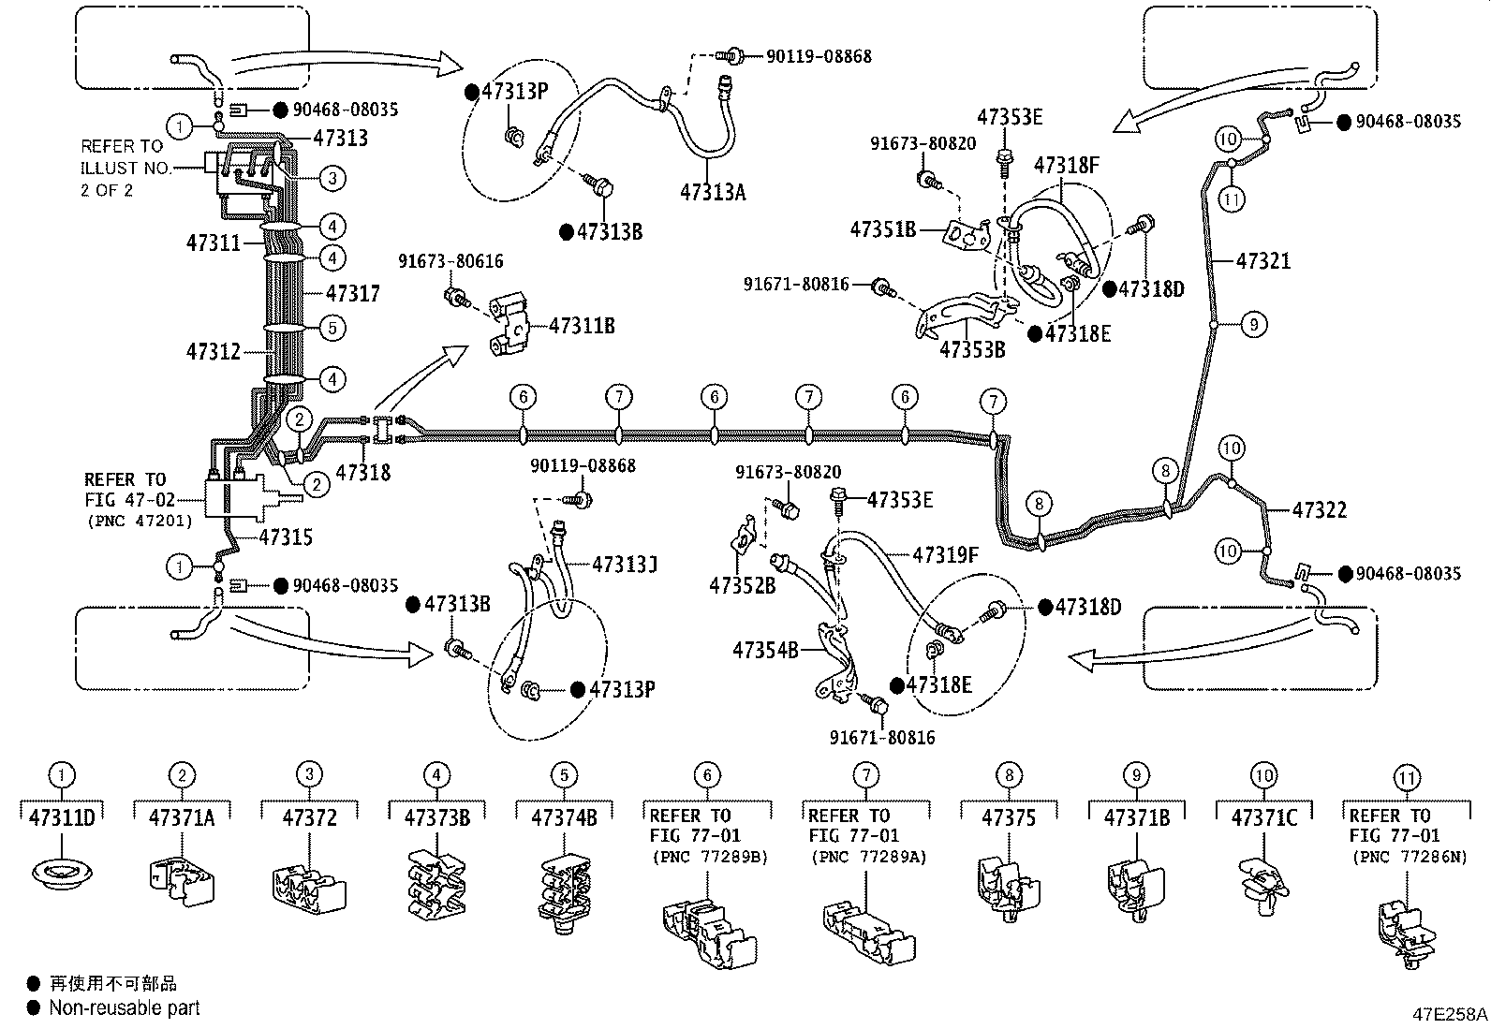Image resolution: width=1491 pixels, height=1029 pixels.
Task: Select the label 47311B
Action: tap(582, 326)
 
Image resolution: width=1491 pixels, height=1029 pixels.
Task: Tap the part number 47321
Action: tap(1262, 261)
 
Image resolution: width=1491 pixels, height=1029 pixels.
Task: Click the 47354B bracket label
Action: tap(764, 649)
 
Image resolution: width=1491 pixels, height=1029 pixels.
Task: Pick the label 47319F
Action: tap(945, 555)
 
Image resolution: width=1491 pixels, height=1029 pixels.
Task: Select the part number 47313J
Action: tap(625, 565)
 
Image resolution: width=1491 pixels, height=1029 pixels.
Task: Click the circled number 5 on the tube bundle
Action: tap(332, 328)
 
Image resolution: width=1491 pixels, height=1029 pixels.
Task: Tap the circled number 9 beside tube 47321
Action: tap(1254, 325)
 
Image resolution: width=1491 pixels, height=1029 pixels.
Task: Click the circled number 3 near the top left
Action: tap(332, 177)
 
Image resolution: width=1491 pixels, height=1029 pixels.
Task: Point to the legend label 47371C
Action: tap(1263, 817)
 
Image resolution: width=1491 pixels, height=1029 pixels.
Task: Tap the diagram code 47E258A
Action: tap(1449, 1014)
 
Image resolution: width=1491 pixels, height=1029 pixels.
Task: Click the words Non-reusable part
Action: tap(124, 1007)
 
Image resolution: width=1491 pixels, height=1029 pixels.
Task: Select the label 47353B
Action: tap(971, 349)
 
